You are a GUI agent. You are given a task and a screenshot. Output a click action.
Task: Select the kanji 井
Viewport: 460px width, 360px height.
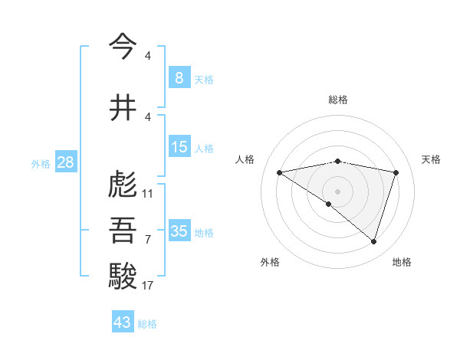[x=123, y=106]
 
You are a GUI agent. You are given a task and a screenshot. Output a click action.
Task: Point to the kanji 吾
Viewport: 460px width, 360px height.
[x=123, y=230]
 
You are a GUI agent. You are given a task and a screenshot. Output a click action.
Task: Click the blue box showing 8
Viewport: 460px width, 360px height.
[x=179, y=78]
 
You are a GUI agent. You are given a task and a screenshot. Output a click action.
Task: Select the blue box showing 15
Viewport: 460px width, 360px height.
[x=179, y=147]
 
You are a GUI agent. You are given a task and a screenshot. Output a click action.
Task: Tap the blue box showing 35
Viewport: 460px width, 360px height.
[x=179, y=231]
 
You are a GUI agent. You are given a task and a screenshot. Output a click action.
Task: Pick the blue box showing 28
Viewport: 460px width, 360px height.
[x=64, y=162]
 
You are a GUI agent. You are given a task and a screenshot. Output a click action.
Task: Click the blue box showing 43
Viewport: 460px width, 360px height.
[x=123, y=322]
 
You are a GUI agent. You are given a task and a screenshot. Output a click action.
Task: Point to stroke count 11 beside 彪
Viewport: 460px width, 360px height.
[x=148, y=194]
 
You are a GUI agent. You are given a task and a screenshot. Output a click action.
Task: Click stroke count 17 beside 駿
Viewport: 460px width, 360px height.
[x=148, y=286]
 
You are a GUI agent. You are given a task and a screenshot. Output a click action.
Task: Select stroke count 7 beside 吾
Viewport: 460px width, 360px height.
[x=148, y=240]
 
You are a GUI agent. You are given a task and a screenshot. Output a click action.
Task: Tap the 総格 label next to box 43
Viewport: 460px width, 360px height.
[x=148, y=324]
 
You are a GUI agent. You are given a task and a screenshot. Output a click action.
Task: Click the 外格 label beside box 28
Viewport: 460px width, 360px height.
[x=41, y=163]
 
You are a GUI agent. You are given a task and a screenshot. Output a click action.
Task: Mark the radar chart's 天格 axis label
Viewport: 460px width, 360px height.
[x=432, y=159]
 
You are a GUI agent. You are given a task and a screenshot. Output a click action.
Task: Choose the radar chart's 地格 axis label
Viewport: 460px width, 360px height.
[x=402, y=262]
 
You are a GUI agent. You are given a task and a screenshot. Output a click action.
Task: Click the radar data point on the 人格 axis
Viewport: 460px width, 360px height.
[x=280, y=172]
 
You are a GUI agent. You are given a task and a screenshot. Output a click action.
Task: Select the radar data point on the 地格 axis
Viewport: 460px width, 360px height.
[x=373, y=242]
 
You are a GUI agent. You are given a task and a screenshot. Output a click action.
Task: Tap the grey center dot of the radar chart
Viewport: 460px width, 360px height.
[x=337, y=191]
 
